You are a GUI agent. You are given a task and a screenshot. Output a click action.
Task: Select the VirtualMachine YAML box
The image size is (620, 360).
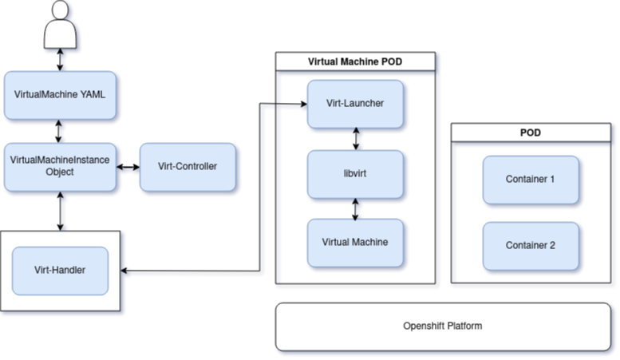click(x=60, y=94)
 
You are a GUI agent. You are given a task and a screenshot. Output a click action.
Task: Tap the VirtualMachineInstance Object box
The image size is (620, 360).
click(x=60, y=167)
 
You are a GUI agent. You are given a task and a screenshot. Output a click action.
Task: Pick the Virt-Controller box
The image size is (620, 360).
click(x=188, y=167)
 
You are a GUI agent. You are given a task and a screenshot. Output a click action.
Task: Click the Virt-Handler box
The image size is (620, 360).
click(x=60, y=271)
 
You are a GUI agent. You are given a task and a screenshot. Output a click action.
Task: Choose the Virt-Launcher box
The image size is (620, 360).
click(x=356, y=104)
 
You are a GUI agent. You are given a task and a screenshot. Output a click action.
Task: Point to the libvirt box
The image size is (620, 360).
click(x=356, y=173)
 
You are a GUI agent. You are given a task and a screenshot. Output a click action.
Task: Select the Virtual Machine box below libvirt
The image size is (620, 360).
click(x=356, y=242)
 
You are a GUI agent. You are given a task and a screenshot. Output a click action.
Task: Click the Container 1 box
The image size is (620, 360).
click(x=530, y=180)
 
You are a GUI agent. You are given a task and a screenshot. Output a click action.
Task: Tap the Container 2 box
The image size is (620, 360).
click(x=530, y=246)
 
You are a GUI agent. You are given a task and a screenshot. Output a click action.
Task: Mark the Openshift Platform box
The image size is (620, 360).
click(x=442, y=326)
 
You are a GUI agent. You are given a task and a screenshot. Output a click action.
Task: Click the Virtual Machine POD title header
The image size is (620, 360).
click(x=356, y=61)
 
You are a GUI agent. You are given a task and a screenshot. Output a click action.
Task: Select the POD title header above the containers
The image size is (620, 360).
click(x=530, y=133)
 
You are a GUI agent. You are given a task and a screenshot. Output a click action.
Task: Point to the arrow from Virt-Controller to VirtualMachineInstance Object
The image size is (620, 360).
click(x=128, y=168)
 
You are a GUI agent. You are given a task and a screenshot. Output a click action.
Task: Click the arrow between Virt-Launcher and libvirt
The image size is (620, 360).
click(x=357, y=139)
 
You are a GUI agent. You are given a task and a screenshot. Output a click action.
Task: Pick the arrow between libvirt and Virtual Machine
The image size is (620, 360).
click(x=357, y=208)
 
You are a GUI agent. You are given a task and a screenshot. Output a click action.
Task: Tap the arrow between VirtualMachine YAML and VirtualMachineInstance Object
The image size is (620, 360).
click(x=60, y=131)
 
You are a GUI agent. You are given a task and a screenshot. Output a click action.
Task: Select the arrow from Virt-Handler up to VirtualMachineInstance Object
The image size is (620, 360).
click(x=60, y=212)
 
